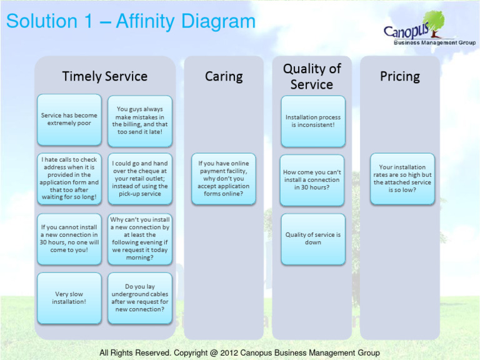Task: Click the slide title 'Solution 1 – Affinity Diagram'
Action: click(x=131, y=22)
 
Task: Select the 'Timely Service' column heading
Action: click(x=105, y=76)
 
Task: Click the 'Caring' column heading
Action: click(x=224, y=76)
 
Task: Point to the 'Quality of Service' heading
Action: click(x=312, y=76)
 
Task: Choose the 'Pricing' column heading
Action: click(x=400, y=76)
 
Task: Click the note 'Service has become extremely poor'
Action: click(x=69, y=119)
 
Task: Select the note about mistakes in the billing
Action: click(x=140, y=121)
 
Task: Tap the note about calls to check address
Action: click(x=69, y=179)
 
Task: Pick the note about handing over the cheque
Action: click(x=140, y=179)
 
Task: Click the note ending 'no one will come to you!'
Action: click(x=69, y=239)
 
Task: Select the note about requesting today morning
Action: click(x=140, y=239)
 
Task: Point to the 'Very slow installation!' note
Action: click(x=69, y=298)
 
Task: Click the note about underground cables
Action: click(x=140, y=298)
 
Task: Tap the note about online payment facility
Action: click(x=224, y=179)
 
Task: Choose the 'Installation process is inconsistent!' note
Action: click(x=313, y=121)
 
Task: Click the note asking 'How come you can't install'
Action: click(x=312, y=179)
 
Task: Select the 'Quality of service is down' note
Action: click(x=313, y=239)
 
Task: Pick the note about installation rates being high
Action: click(x=402, y=179)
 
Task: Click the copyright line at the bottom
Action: click(x=239, y=353)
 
